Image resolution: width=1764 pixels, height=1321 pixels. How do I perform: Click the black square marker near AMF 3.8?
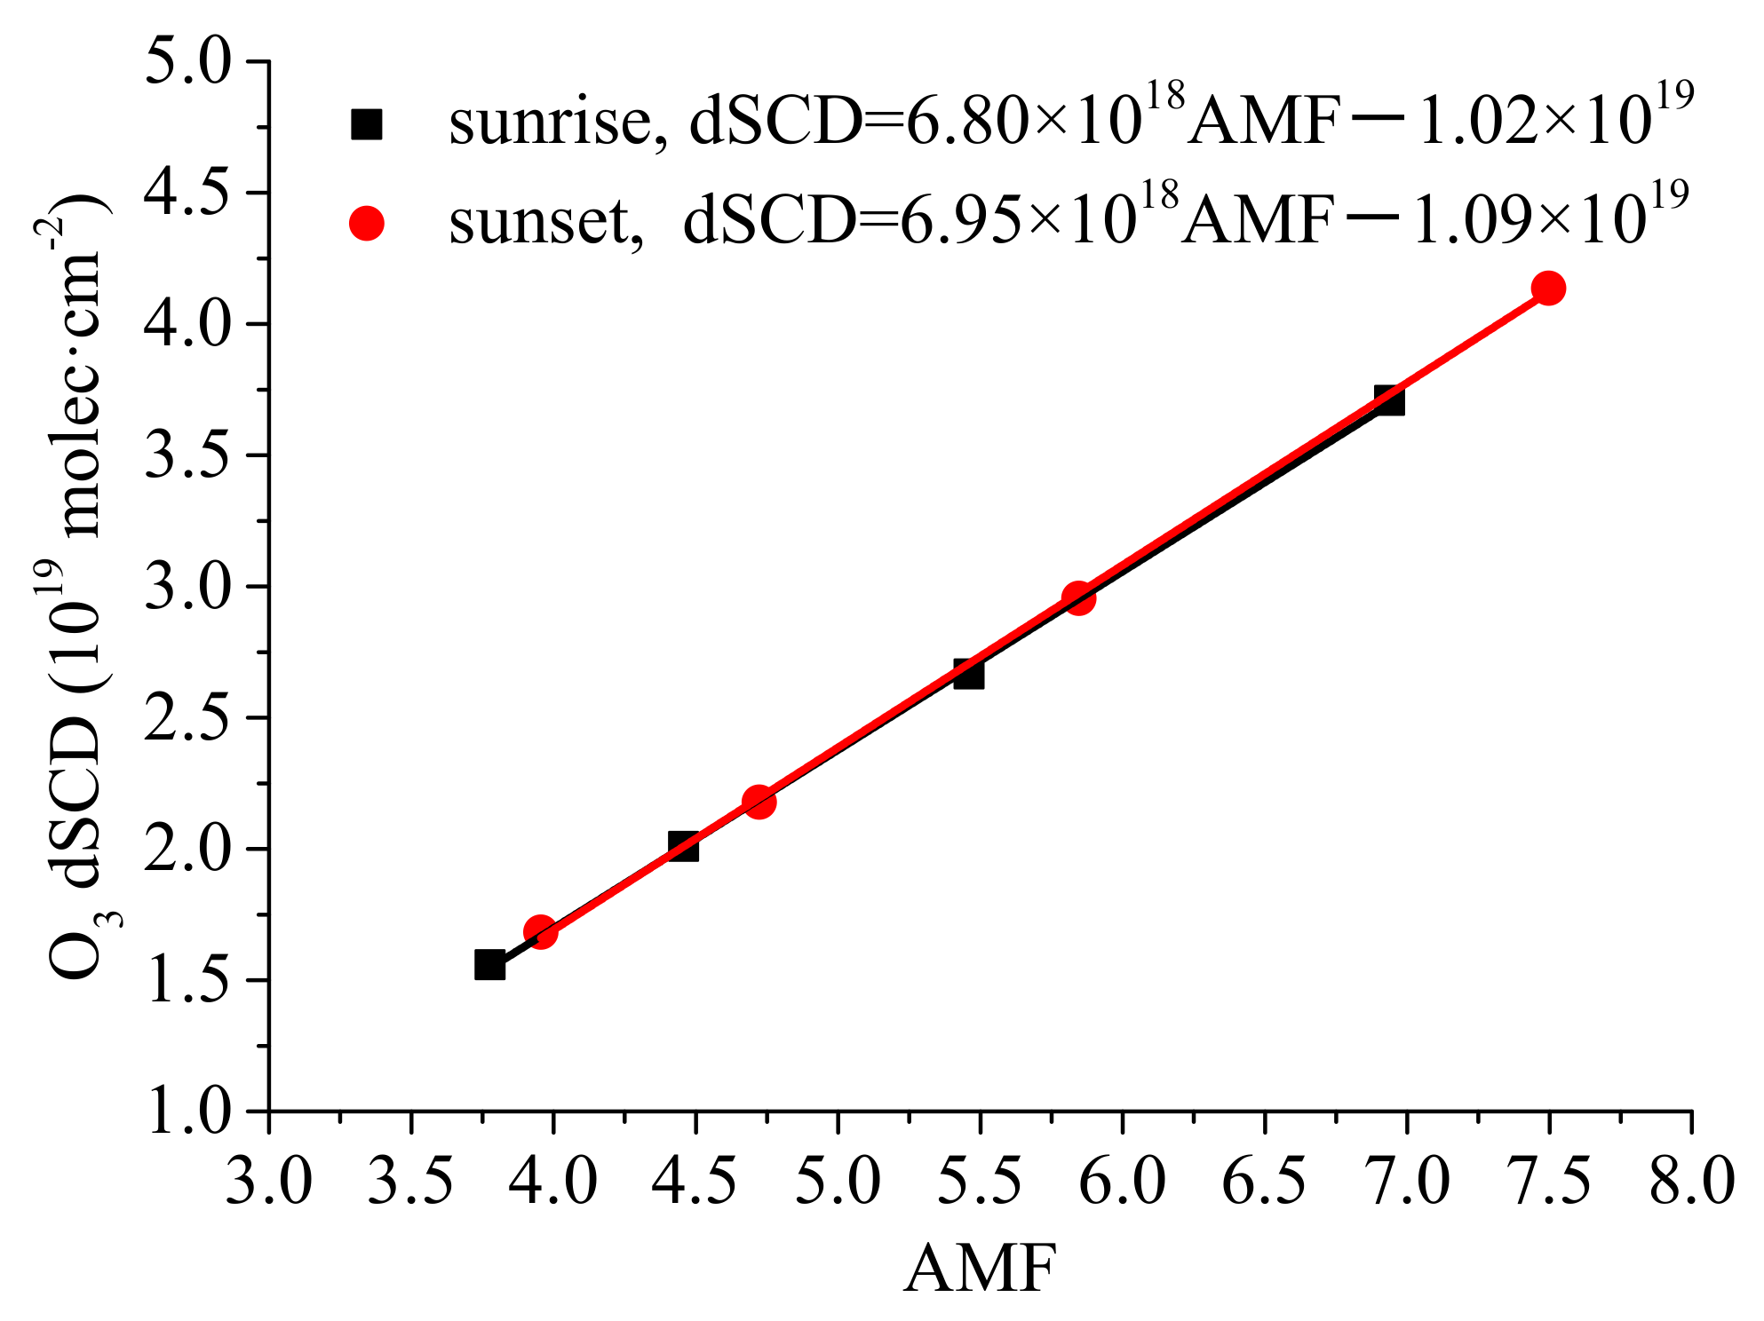(489, 964)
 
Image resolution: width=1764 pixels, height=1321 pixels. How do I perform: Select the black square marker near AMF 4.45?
(683, 846)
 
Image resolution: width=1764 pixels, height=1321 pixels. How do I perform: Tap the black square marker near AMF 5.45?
(968, 674)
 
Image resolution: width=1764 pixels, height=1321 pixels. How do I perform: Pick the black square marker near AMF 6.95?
(1389, 400)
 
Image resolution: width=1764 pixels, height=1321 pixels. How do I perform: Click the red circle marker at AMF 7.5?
(1548, 289)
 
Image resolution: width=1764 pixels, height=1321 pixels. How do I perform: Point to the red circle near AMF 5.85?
(1078, 598)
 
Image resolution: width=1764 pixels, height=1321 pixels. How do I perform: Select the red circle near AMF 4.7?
(758, 802)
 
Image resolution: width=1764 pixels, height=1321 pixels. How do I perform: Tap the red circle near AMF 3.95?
(540, 932)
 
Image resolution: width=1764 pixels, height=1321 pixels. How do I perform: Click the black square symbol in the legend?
(366, 124)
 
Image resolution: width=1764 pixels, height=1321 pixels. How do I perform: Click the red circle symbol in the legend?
(366, 223)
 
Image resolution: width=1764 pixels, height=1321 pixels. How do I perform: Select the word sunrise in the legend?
(551, 123)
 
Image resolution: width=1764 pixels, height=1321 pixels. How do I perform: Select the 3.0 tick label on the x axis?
(268, 1182)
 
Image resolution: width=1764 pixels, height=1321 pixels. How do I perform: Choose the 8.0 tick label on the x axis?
(1691, 1182)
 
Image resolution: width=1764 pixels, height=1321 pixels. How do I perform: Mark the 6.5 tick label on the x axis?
(1264, 1182)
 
